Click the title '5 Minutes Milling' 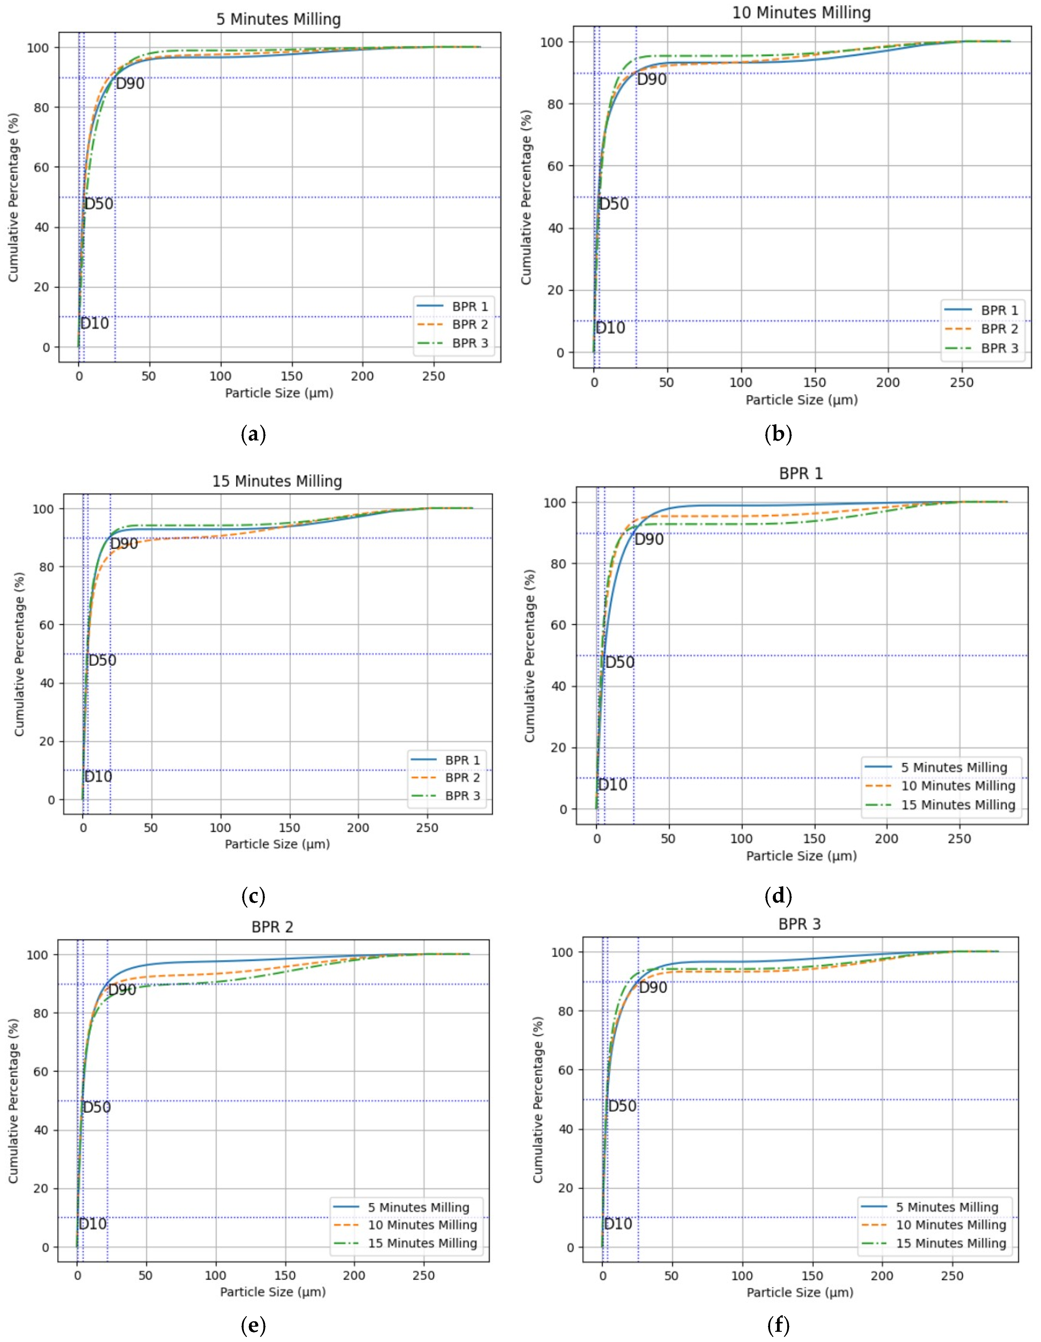(278, 20)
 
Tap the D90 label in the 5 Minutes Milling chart (130, 84)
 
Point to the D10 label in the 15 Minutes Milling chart (98, 777)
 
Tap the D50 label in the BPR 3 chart (622, 1106)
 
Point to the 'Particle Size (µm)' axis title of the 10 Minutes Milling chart (801, 400)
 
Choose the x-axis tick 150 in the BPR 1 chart (814, 839)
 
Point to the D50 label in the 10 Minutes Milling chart (614, 204)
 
